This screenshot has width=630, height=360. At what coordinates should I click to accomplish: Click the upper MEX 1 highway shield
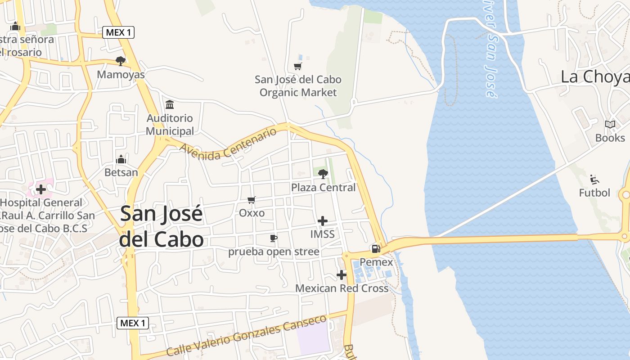(x=118, y=32)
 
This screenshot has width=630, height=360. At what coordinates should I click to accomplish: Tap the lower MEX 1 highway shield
(x=133, y=323)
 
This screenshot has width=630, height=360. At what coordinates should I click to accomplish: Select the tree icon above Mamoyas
(x=120, y=61)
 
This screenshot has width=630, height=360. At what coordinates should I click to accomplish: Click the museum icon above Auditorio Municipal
(x=170, y=105)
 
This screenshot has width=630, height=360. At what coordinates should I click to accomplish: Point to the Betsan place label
(x=121, y=172)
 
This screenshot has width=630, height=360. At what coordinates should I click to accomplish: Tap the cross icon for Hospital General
(x=41, y=189)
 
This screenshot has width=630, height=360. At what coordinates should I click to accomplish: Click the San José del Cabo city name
(x=162, y=226)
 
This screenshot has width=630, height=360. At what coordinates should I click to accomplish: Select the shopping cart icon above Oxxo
(x=252, y=200)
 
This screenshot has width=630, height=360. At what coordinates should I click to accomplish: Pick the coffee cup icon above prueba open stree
(x=273, y=238)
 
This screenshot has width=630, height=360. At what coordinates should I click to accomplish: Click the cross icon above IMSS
(x=323, y=221)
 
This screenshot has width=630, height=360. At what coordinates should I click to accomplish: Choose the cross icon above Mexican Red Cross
(x=342, y=274)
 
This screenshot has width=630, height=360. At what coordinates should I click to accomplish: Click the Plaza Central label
(x=324, y=187)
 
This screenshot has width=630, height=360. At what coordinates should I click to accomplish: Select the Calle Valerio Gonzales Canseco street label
(x=246, y=336)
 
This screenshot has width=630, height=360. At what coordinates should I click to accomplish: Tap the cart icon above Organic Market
(x=297, y=67)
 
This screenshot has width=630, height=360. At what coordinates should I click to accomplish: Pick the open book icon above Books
(x=610, y=125)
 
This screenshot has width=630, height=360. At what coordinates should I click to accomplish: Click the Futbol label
(x=594, y=193)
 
